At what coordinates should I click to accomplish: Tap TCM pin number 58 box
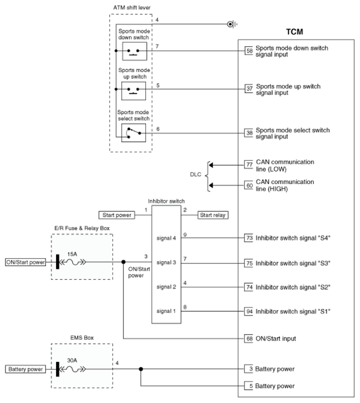[249, 51]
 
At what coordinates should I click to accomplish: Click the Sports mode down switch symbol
[133, 52]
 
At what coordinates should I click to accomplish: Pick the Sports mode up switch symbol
[133, 90]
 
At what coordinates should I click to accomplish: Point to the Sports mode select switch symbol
[133, 131]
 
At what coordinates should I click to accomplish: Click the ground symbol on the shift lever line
[232, 24]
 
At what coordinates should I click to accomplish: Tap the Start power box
[115, 215]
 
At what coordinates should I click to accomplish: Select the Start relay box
[213, 215]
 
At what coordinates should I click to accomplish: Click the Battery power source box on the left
[25, 369]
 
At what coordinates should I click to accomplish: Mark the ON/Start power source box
[25, 262]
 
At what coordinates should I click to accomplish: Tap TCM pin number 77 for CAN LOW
[249, 164]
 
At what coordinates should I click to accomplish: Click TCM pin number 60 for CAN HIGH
[249, 185]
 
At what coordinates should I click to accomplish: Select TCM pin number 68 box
[249, 338]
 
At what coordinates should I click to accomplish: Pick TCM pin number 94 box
[249, 311]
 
